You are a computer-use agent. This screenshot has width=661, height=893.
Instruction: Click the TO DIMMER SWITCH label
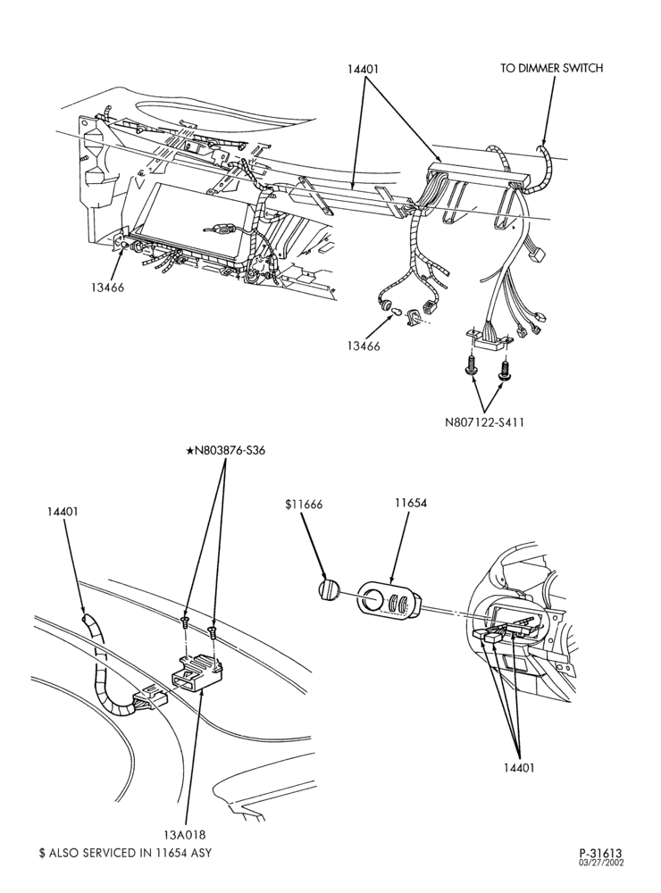pos(551,69)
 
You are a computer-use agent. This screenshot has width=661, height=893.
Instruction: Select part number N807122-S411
pos(484,422)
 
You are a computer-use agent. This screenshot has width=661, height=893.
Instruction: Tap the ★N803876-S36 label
pos(226,450)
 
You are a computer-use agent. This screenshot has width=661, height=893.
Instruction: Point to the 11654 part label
pos(410,503)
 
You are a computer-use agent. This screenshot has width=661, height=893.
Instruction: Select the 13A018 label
pos(184,834)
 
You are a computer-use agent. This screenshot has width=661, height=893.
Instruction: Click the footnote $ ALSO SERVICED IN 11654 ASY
pos(125,853)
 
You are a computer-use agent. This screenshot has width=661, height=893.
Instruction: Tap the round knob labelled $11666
pos(328,589)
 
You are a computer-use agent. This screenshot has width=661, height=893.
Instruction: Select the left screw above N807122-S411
pos(470,365)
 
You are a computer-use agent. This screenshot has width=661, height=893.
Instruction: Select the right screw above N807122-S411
pos(504,370)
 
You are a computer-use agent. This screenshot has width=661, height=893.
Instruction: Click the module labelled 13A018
pos(197,672)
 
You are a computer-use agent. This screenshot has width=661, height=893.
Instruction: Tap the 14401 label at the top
pos(363,69)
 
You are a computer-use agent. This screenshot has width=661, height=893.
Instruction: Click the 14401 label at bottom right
pos(519,768)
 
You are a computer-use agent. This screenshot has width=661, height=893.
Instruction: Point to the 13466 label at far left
pos(106,287)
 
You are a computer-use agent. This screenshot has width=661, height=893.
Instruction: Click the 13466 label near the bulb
pos(363,345)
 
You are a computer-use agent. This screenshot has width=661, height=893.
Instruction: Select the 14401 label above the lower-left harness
pos(63,512)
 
